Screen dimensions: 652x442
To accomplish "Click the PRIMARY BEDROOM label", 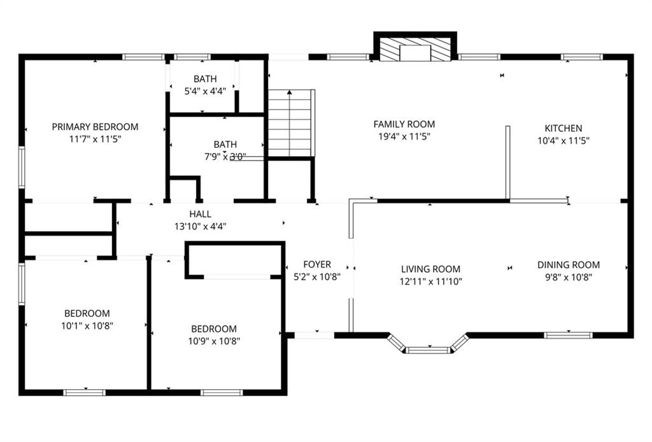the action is coord(95,127).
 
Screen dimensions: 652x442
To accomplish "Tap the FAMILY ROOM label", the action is coord(404,124).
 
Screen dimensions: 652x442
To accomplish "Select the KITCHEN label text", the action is coord(563,128).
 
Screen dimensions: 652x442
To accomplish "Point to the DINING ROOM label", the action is coord(569,265).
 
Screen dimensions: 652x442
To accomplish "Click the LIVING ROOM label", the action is coord(430,269).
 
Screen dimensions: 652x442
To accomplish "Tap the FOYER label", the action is coord(317,264).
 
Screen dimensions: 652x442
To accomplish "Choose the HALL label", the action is coord(200,214).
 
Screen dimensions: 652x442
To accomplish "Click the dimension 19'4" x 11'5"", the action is coord(404,136).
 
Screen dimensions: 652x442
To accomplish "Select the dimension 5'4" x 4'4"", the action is coord(205,91).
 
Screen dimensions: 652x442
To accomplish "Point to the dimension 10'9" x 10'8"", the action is coord(214,341).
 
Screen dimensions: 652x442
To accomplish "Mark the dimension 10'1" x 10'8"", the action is coord(87,326).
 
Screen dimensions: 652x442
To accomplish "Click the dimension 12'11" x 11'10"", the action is coord(430,282).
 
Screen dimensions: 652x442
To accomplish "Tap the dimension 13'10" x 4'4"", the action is coord(200,227).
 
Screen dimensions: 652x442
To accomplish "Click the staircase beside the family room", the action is coord(290,123).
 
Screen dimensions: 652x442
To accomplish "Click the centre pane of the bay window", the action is coord(428,350).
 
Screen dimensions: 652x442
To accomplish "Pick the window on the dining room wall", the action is coord(568,335).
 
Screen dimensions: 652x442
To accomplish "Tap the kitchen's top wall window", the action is coord(581,57).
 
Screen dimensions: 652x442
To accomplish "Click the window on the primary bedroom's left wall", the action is coord(22,168).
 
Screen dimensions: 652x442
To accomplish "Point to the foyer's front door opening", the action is coord(315,335).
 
